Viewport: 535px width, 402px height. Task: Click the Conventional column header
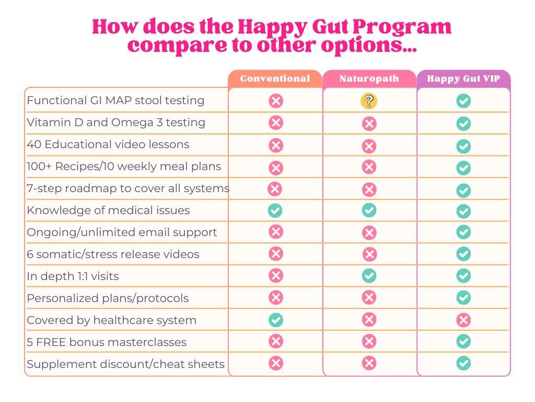tap(275, 79)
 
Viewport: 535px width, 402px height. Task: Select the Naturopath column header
tap(369, 79)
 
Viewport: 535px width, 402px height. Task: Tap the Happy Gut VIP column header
tap(463, 79)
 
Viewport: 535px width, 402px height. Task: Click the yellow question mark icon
tap(369, 101)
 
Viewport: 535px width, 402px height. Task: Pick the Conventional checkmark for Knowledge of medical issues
tap(275, 210)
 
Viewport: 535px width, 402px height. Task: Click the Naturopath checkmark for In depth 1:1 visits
tap(369, 276)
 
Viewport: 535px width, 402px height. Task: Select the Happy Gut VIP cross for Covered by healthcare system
tap(463, 320)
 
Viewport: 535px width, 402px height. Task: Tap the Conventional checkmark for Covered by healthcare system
tap(275, 320)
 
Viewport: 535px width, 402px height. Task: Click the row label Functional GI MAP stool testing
tap(115, 100)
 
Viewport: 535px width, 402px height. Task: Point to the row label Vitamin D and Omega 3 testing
tap(116, 122)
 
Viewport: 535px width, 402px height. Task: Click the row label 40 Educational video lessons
tap(108, 144)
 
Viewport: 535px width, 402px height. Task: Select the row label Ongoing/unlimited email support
tap(122, 232)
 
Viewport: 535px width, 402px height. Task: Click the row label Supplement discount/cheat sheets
tap(125, 364)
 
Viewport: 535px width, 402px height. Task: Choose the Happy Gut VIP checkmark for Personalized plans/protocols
tap(463, 298)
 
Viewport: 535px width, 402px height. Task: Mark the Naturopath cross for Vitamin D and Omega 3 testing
tap(369, 124)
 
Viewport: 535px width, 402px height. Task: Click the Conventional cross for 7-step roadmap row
tap(274, 189)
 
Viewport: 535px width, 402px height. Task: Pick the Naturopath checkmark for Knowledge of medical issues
tap(369, 210)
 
